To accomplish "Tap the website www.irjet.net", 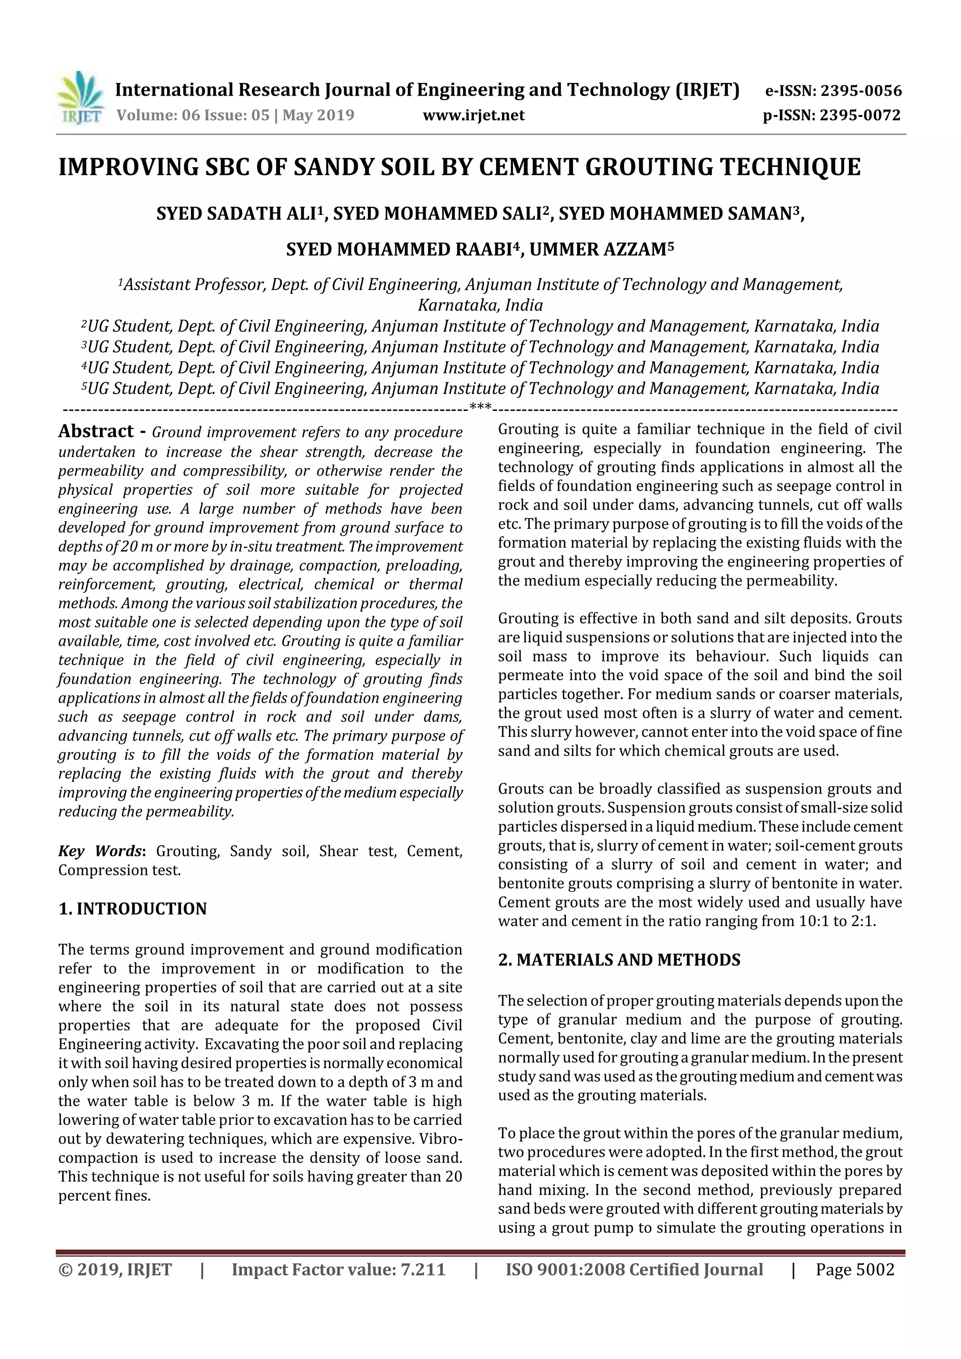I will click(473, 115).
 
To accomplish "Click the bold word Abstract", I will click(96, 432).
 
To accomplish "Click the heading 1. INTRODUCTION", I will click(133, 909).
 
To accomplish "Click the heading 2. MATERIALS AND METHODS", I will click(619, 960).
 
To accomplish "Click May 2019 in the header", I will click(318, 115).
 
